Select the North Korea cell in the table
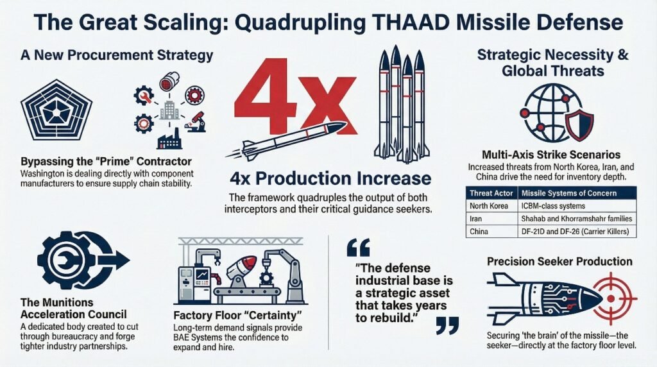[488, 206]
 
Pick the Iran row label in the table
[475, 219]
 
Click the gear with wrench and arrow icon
[74, 260]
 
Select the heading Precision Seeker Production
[559, 262]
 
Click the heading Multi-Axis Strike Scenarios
[551, 155]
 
